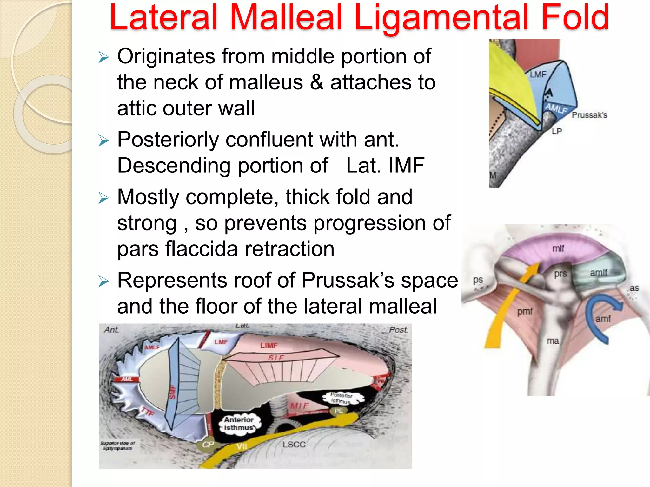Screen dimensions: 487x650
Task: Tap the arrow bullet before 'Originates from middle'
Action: [x=103, y=57]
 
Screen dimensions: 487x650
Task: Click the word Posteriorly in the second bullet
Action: [x=168, y=140]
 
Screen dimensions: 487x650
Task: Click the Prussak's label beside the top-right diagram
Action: [x=589, y=115]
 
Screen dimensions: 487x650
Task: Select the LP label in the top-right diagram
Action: [x=557, y=131]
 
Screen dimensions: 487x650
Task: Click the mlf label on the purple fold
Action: [x=558, y=249]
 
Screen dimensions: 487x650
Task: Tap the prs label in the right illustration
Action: [x=560, y=274]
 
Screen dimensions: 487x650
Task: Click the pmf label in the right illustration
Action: [x=525, y=311]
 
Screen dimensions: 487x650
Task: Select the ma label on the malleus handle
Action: [x=553, y=341]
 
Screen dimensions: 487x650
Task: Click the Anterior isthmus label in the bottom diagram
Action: [x=239, y=424]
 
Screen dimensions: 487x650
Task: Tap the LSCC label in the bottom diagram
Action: [x=294, y=445]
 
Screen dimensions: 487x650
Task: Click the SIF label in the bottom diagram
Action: [x=276, y=358]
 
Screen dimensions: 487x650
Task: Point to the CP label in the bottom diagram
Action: [x=208, y=445]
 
